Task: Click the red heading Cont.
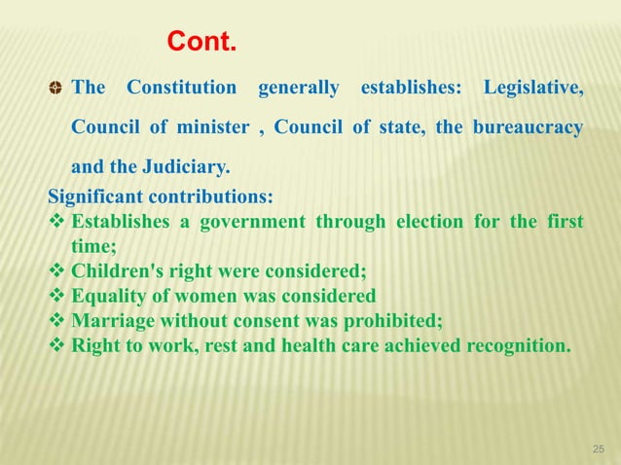point(201,43)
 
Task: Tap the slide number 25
point(599,448)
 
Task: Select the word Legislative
point(532,89)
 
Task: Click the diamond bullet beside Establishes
point(56,222)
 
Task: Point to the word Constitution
point(182,89)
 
